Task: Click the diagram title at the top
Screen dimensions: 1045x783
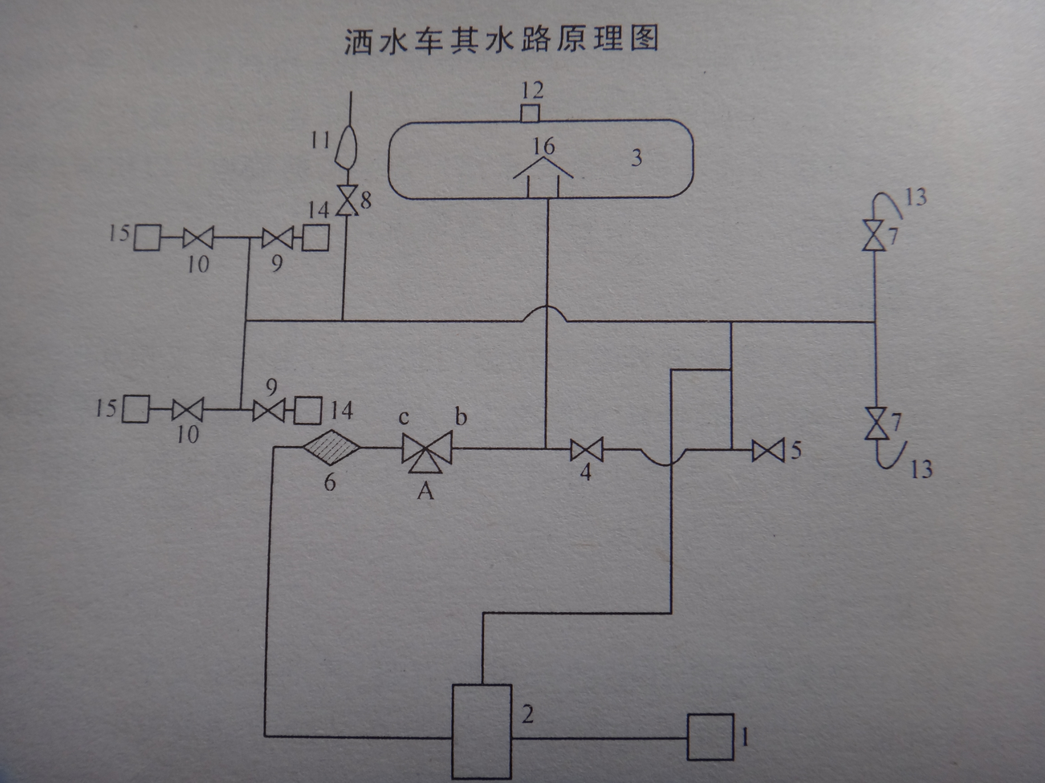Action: point(502,40)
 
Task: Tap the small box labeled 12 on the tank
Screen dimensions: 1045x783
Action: point(530,114)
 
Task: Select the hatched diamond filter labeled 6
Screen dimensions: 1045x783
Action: point(331,447)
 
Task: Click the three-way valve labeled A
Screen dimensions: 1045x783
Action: point(427,452)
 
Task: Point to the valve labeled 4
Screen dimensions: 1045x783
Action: point(587,449)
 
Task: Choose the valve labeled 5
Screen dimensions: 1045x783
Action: point(768,450)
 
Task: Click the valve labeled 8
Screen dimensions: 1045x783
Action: point(346,201)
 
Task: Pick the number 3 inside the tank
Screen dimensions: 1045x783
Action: point(636,157)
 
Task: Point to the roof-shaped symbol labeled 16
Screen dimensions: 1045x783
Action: point(543,176)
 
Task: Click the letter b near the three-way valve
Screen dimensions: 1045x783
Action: point(461,416)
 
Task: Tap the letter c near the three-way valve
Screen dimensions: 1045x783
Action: point(403,418)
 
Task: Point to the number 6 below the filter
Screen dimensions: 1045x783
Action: point(330,482)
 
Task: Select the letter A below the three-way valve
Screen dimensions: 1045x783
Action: point(425,491)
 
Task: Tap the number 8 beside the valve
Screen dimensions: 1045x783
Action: point(366,201)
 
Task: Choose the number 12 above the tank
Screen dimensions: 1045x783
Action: point(532,91)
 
